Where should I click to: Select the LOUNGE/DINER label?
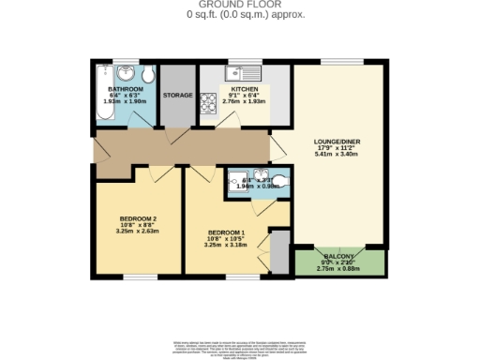[337, 142]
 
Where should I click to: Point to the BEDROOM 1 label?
[226, 232]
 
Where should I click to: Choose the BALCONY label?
[337, 256]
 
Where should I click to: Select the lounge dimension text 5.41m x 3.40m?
[337, 156]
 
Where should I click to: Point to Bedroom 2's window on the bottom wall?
[139, 276]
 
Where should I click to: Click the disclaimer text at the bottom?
[239, 350]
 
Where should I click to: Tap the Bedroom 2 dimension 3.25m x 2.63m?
[137, 232]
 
